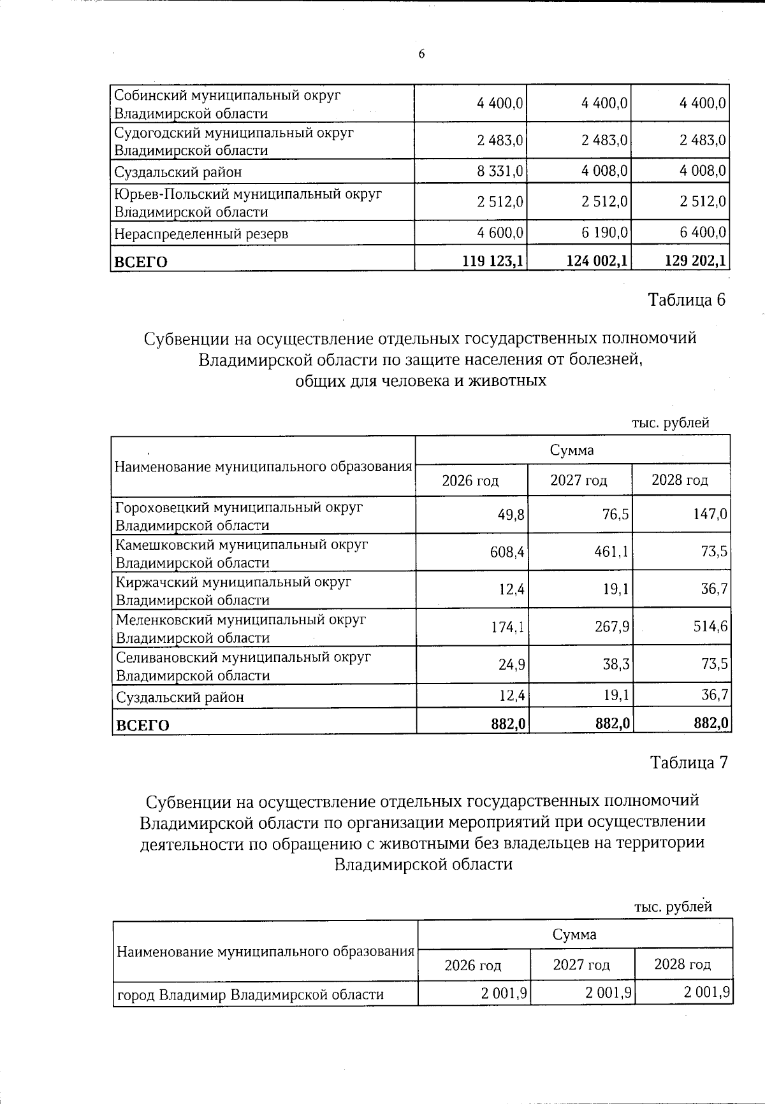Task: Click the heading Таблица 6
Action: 687,300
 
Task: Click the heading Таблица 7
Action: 688,763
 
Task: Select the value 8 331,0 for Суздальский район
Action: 500,171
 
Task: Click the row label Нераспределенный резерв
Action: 201,234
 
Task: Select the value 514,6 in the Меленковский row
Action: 710,626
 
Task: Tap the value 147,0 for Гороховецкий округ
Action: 710,514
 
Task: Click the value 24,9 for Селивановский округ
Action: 512,664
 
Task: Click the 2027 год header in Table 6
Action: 579,480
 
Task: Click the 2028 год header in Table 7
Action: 682,964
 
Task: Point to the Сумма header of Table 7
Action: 574,935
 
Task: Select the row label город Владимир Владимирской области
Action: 251,994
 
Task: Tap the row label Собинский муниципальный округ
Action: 227,96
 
